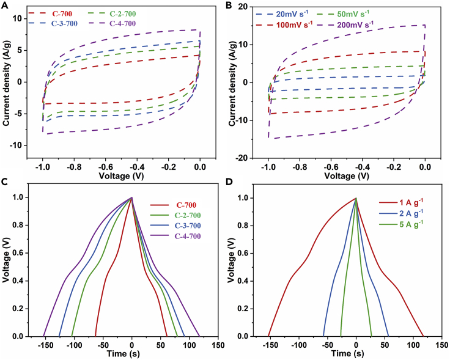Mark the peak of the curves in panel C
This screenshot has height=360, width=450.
(132, 197)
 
